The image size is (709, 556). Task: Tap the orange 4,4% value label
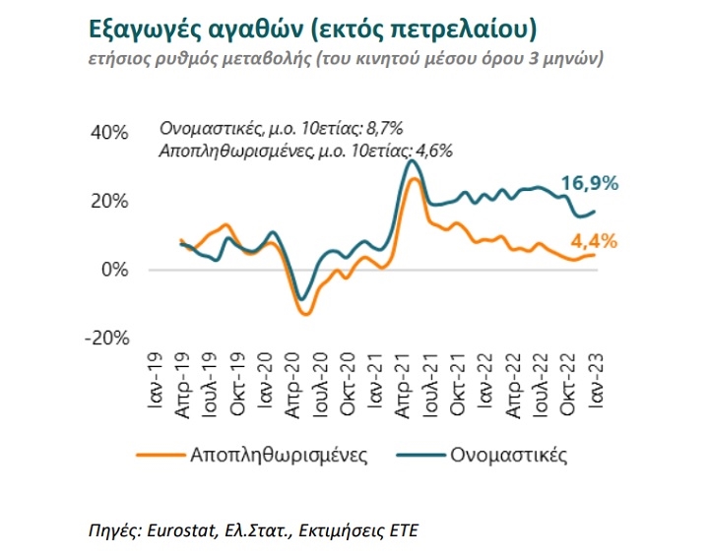pos(593,240)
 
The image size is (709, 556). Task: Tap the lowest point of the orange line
pos(305,314)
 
